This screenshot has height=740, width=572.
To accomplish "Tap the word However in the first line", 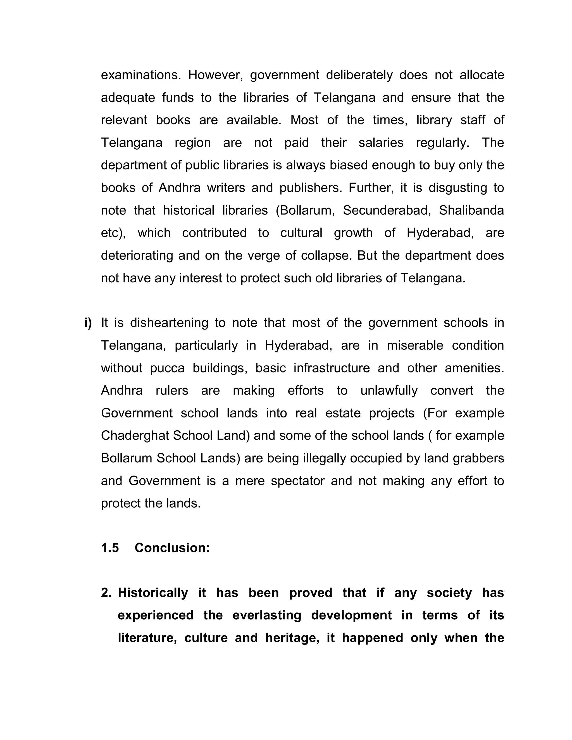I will point(216,75).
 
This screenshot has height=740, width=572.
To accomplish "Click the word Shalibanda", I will point(471,211).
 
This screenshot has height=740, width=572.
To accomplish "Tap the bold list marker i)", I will point(88,323).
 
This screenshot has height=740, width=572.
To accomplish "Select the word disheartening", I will point(169,323).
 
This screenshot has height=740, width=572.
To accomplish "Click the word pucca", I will point(167,368).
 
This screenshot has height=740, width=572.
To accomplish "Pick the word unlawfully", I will point(389,391).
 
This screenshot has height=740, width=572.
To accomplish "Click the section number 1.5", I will point(110,548).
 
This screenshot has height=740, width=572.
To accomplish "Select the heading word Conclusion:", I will point(172,548).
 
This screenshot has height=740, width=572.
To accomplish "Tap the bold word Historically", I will point(153,593).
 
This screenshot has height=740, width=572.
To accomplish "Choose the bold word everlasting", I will point(267,615).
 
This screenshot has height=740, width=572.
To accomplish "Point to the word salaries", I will point(381,143).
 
